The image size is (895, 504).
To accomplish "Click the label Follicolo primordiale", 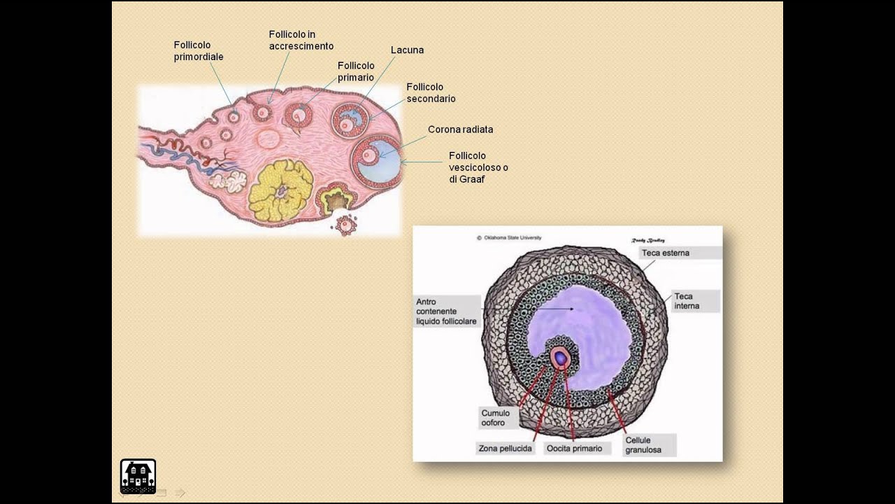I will pos(199,51).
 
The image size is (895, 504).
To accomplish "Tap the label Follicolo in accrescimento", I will pos(301,41).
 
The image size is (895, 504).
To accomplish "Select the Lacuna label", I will pos(407,50).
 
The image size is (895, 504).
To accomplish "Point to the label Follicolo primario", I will pos(356,71).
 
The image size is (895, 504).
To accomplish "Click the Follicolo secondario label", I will pos(431,93).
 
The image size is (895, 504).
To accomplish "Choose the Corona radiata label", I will pos(460,129).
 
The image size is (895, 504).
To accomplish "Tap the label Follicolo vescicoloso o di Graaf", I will pos(478,167).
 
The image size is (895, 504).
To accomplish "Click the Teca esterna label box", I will pos(665,253).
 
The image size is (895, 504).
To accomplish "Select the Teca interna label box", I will pos(687,301).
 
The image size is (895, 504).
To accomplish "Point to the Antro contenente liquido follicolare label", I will pos(447,311).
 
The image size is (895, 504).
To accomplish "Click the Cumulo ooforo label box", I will pos(496,418).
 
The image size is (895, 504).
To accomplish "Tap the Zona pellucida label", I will pos(505,448).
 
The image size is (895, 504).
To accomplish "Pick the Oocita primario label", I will pos(574,448).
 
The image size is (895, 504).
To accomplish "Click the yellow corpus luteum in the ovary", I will pos(280,190).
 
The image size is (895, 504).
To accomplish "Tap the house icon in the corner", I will pos(138,476).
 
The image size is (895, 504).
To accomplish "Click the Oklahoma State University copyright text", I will pos(512,238).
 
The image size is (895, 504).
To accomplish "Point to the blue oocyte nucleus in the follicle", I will pos(560,358).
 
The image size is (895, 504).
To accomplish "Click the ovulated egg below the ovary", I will pos(345,225).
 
